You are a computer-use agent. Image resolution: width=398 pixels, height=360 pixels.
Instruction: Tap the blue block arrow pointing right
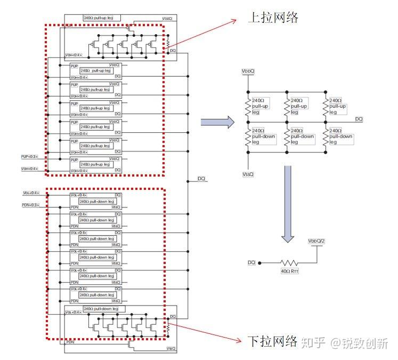click(x=217, y=122)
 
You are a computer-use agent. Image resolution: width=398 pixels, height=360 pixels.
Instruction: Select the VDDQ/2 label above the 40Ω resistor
click(x=316, y=241)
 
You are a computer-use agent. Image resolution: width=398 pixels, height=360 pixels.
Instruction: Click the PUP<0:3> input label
click(x=29, y=156)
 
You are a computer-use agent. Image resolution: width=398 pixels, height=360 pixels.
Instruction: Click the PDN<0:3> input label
click(x=29, y=204)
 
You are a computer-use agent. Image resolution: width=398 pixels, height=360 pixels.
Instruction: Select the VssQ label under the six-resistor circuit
click(x=248, y=174)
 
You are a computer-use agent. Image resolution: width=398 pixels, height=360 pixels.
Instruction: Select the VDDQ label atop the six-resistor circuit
click(x=248, y=70)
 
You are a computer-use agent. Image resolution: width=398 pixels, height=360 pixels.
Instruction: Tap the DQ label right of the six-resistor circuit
click(x=359, y=118)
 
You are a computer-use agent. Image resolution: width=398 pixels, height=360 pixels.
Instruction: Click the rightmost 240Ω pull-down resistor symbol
click(x=326, y=137)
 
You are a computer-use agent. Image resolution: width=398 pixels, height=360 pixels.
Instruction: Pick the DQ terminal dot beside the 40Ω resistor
click(x=259, y=262)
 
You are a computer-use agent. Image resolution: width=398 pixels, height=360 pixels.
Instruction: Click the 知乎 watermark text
click(x=310, y=342)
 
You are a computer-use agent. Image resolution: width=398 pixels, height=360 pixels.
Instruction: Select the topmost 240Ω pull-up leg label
click(x=99, y=18)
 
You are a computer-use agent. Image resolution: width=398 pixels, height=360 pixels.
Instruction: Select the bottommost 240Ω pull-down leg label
click(x=96, y=309)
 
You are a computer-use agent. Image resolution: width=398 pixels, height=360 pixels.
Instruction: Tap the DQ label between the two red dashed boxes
click(x=201, y=179)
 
